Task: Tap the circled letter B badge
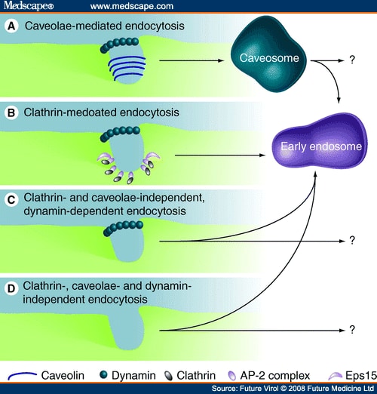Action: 12,113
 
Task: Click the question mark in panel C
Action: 351,241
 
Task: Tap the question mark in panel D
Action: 351,331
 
